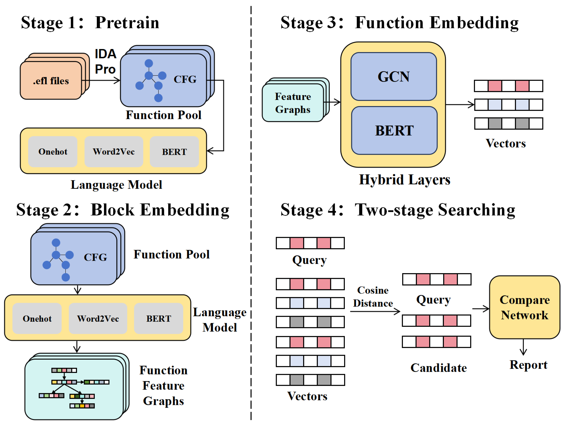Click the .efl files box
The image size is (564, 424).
point(51,80)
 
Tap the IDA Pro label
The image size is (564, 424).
point(105,61)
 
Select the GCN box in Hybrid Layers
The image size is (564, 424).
point(394,76)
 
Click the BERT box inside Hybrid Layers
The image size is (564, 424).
point(394,130)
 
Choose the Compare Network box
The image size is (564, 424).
point(524,307)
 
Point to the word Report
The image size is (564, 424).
point(528,365)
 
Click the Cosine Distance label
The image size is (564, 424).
point(373,297)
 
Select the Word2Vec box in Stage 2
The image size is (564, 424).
point(98,319)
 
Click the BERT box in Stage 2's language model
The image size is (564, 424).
point(159,319)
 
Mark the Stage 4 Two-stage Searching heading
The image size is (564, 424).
point(398,210)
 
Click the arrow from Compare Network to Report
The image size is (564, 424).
point(523,347)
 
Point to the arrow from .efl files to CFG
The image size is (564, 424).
point(101,81)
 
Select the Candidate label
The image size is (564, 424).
point(439,368)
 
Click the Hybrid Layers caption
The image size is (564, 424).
point(405,180)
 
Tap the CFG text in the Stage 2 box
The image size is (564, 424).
point(95,257)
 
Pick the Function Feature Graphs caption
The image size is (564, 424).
point(163,386)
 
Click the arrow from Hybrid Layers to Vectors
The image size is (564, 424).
point(460,105)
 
